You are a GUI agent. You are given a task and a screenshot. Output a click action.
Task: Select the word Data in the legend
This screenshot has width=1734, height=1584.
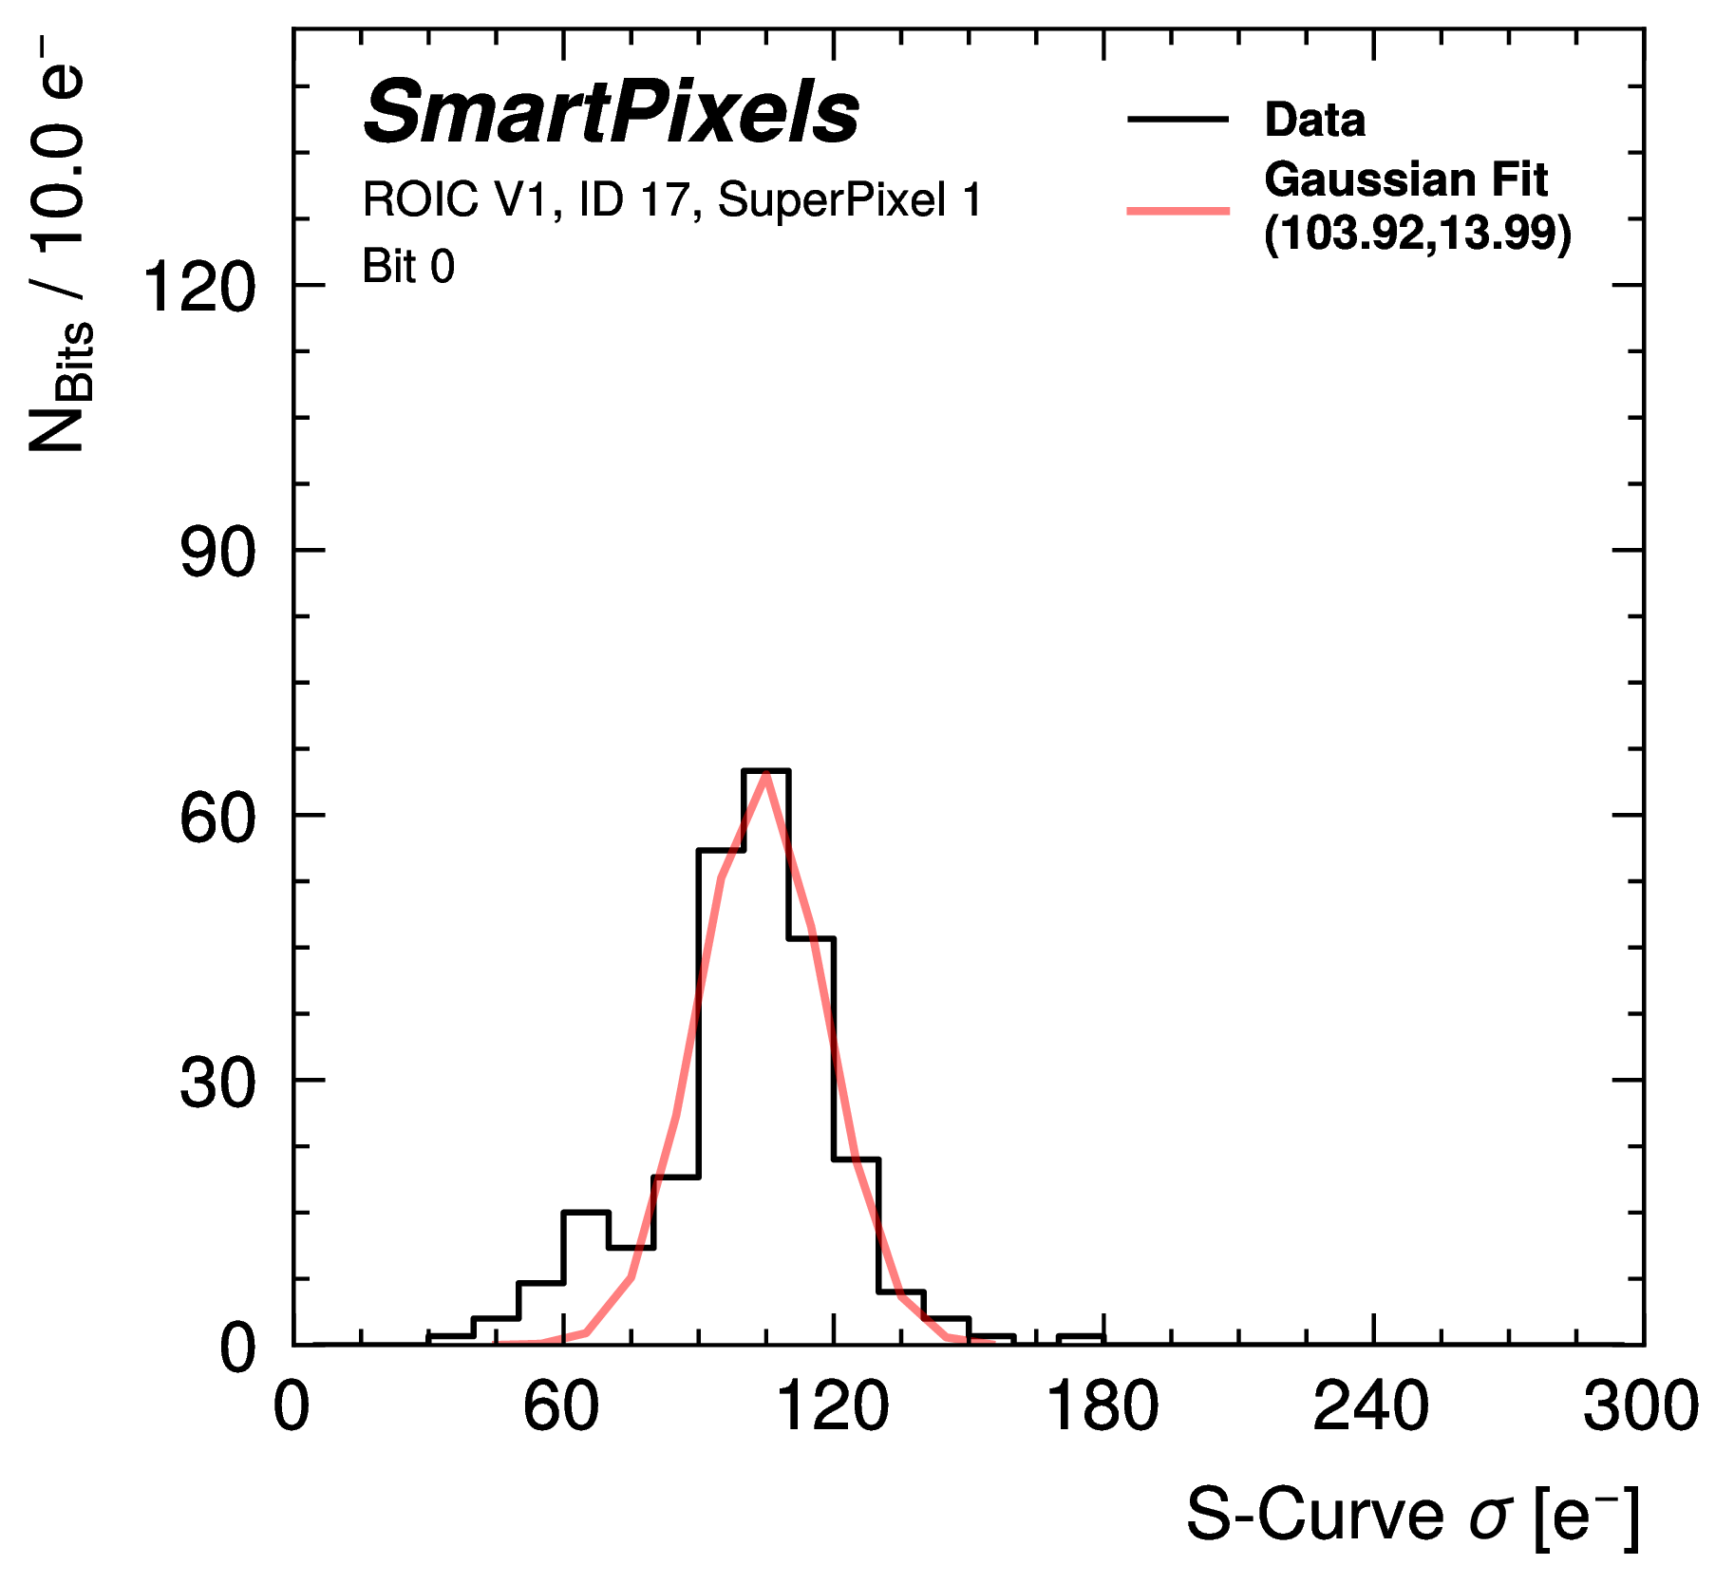[1314, 121]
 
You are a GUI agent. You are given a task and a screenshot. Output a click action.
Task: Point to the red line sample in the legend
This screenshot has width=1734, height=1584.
[1178, 210]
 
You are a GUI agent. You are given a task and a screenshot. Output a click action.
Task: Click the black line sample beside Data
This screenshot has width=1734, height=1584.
[1178, 120]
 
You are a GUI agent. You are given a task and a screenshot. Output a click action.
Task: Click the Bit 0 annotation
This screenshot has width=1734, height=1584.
[408, 267]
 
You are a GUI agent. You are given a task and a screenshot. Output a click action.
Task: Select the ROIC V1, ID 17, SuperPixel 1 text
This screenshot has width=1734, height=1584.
[671, 200]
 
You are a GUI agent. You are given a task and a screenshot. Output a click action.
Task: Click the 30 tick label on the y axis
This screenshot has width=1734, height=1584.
[217, 1082]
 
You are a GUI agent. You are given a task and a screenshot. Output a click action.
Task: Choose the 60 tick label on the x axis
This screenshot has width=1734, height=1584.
[561, 1406]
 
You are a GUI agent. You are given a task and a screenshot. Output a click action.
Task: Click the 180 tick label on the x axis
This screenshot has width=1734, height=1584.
[1103, 1406]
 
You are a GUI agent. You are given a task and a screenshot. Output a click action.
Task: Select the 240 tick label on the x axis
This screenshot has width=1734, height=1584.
[1371, 1406]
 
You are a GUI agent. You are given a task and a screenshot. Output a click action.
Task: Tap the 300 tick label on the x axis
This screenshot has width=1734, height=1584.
[1641, 1406]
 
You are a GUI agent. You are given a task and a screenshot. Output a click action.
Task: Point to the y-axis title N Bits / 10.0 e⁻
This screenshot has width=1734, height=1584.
[59, 247]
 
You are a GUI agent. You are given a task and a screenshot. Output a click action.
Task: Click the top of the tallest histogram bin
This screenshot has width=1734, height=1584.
[766, 771]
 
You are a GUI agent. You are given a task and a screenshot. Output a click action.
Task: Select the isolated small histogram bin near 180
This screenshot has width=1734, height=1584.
[1082, 1339]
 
